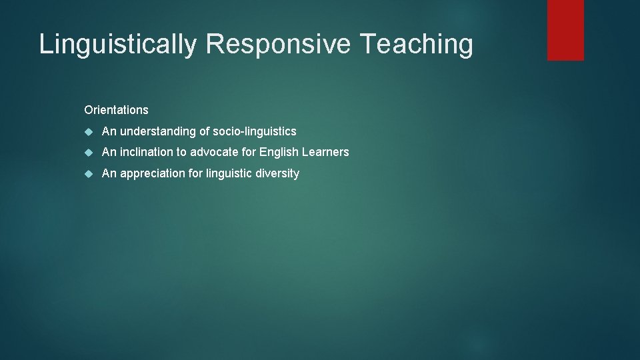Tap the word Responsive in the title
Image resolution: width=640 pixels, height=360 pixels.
(x=279, y=45)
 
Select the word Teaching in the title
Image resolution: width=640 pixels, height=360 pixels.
(x=417, y=45)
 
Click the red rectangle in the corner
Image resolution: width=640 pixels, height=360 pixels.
(x=565, y=29)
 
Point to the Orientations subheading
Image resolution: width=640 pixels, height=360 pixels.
(x=116, y=109)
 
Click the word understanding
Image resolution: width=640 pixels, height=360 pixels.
(x=158, y=131)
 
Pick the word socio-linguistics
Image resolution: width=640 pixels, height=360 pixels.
(x=255, y=131)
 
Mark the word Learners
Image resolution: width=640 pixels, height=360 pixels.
(x=326, y=152)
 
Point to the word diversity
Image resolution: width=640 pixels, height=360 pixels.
(x=279, y=173)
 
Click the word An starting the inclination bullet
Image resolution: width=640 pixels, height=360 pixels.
(x=109, y=152)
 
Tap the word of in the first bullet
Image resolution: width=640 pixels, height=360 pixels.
(x=205, y=131)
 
